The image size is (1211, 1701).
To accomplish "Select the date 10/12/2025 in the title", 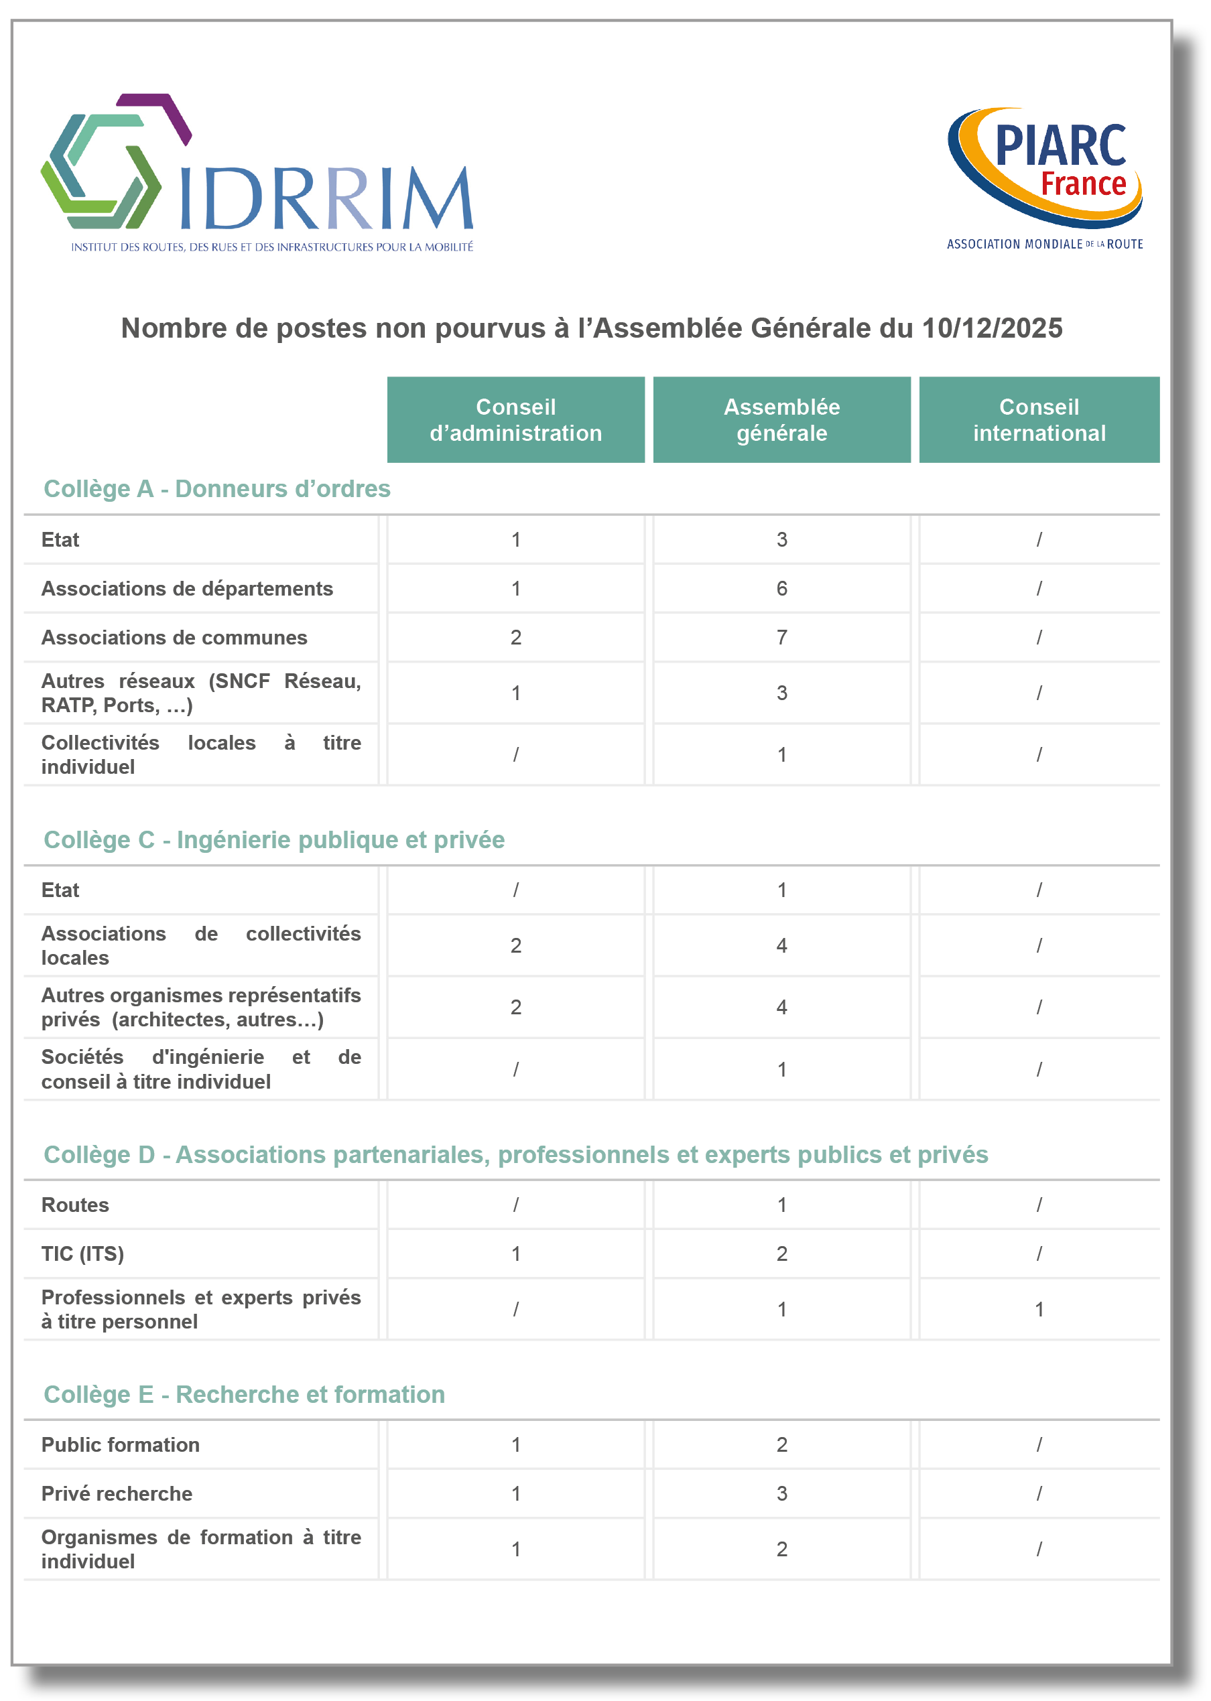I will [992, 329].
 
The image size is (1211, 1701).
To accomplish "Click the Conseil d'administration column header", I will [515, 419].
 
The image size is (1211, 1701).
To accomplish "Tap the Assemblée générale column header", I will [781, 419].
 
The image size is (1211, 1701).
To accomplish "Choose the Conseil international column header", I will [1039, 419].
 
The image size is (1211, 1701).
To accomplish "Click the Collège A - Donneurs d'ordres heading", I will [217, 489].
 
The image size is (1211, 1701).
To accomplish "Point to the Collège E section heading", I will [244, 1394].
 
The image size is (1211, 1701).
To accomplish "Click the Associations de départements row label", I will [187, 589].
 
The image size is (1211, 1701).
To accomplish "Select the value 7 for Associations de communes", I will [781, 637].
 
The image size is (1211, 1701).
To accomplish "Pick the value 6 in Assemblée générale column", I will [781, 589].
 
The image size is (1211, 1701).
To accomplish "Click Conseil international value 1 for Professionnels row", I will [1039, 1309].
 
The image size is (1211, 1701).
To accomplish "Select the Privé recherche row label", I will [117, 1494].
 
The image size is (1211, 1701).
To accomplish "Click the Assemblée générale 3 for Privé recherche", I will [781, 1494].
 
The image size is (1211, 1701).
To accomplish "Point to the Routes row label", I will [75, 1205].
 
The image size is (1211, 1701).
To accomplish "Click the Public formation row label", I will [121, 1444].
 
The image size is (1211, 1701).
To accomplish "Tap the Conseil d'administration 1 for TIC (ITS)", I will [515, 1253].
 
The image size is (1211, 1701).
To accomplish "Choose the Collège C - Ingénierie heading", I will [273, 840].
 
